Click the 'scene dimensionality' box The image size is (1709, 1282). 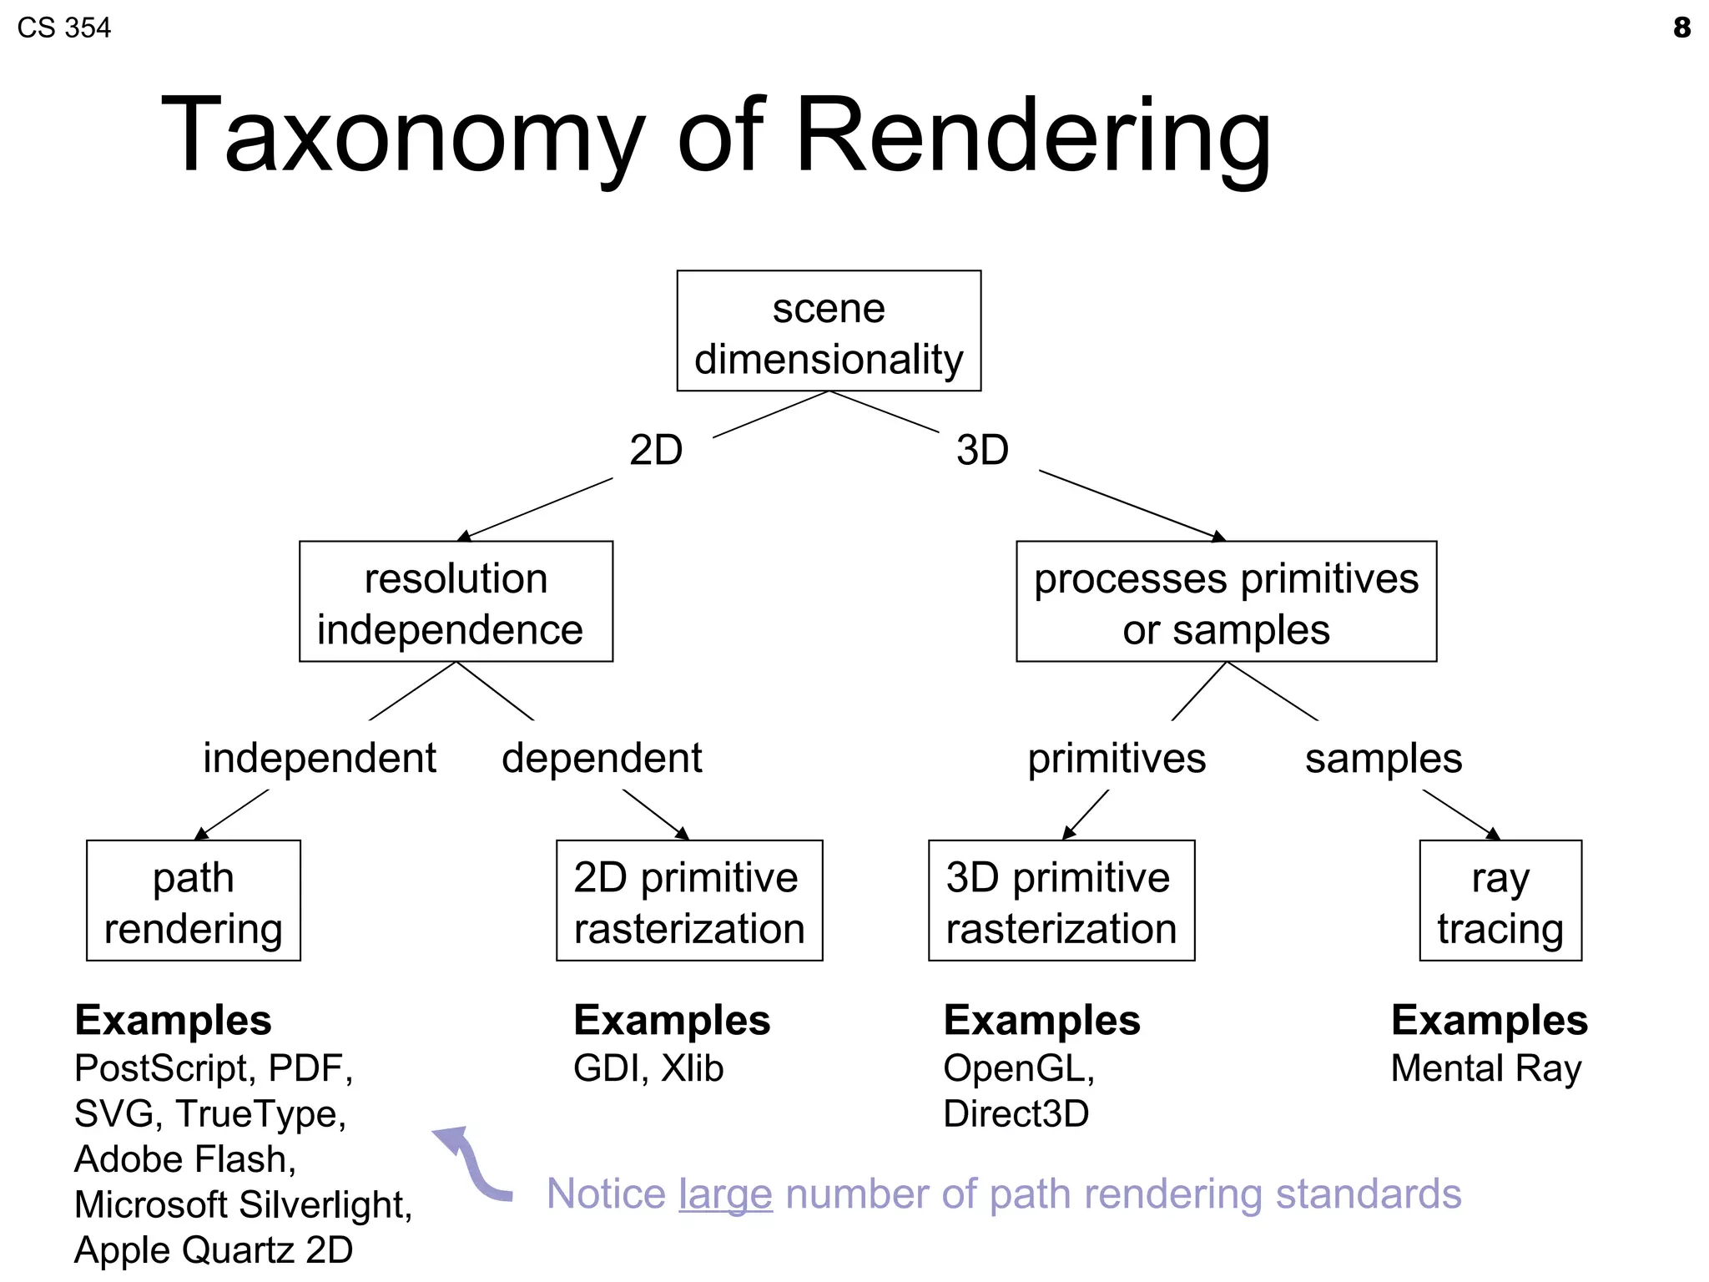[x=829, y=331]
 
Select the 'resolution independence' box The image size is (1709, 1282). [x=456, y=602]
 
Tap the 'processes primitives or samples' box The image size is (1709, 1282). [x=1226, y=602]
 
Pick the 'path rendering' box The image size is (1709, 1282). [x=193, y=901]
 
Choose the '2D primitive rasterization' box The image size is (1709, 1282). [x=689, y=901]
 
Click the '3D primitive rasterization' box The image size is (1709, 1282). [x=1061, y=901]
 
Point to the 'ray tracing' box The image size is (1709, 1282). [x=1500, y=901]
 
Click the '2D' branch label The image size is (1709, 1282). [x=656, y=451]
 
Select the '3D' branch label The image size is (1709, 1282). [x=982, y=451]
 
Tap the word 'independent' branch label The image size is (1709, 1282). [x=320, y=759]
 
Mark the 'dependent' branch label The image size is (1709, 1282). [x=602, y=759]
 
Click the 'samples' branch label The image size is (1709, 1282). [x=1384, y=759]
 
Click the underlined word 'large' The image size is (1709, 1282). [x=725, y=1194]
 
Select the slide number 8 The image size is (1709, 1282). [x=1681, y=28]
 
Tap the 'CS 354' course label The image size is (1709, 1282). [x=63, y=28]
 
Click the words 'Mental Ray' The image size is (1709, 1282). [x=1485, y=1068]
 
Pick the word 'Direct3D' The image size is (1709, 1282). [x=1016, y=1114]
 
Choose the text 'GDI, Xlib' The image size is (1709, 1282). [x=648, y=1068]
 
